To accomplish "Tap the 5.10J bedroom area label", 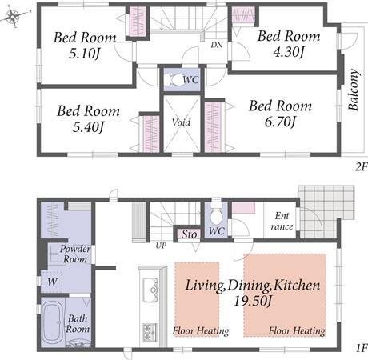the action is pos(84,54).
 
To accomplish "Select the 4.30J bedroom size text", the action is pos(289,52).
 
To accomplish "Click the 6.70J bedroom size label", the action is pos(280,122).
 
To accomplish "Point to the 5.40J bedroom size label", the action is pos(88,127).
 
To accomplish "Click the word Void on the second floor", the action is pos(182,122).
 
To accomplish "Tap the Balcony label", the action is pos(354,90).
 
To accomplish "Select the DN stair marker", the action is pos(217,45).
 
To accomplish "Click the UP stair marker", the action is pos(161,246).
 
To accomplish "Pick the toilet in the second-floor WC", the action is pos(175,80).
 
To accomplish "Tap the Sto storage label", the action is pos(190,234).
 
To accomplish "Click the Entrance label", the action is pos(282,221).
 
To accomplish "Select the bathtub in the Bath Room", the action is pos(53,323).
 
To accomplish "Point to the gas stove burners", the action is pos(148,332).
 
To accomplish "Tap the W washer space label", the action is pos(52,282).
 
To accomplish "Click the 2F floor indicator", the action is pos(362,167).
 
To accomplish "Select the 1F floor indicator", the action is pos(362,349).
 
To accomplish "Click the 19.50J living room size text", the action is pos(253,302).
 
